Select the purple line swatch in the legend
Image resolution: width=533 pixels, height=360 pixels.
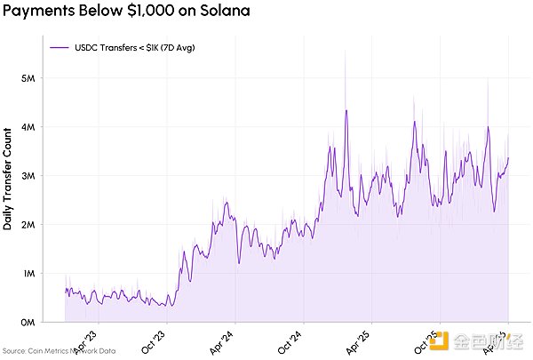coord(60,47)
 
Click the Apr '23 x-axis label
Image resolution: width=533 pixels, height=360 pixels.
coord(85,340)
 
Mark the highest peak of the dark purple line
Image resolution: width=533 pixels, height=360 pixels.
coord(346,110)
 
